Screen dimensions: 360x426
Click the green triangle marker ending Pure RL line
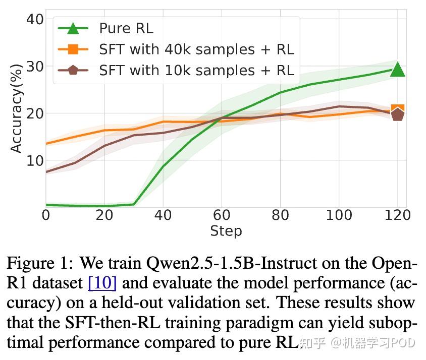coord(397,69)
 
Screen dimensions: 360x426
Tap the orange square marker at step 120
coord(397,110)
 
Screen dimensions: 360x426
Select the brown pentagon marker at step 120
coord(397,115)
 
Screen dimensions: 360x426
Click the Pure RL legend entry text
coord(126,28)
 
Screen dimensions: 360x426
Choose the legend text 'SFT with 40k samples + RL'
coord(196,49)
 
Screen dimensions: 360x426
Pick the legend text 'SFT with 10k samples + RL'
coord(196,70)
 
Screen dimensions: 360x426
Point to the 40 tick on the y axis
coord(34,20)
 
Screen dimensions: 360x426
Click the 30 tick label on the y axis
coord(34,67)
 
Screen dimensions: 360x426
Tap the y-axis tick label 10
coord(34,160)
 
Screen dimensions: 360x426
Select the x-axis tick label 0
coord(46,215)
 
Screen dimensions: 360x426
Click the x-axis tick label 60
coord(221,215)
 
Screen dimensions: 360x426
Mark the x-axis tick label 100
coord(338,215)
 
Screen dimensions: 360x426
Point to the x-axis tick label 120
coord(397,215)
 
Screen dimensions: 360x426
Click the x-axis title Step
coord(226,231)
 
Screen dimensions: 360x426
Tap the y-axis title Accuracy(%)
coord(16,108)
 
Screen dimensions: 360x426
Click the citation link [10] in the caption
coord(102,283)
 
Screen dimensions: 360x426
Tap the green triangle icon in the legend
coord(73,28)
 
